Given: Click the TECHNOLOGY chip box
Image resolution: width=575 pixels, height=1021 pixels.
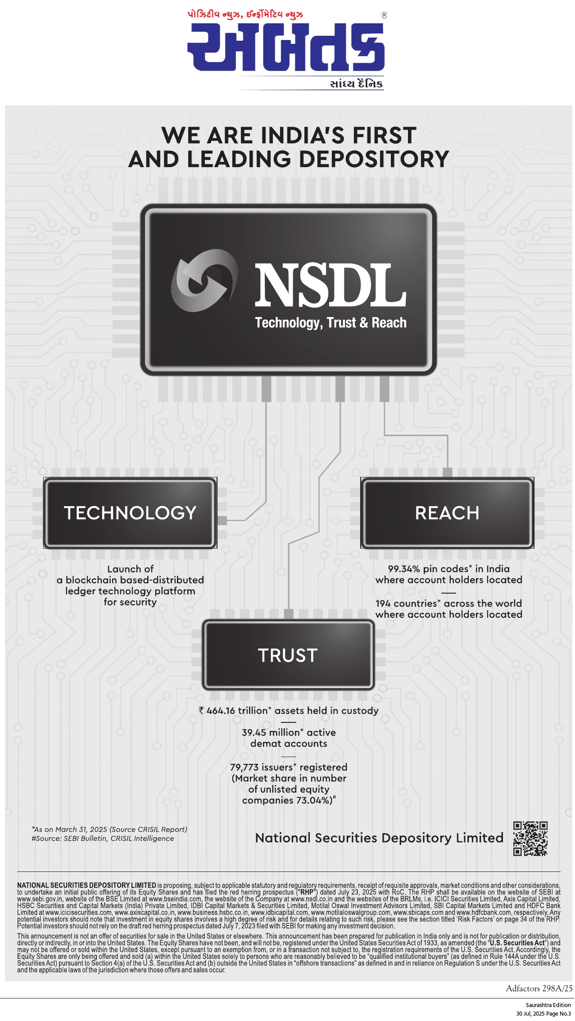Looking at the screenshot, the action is [x=130, y=513].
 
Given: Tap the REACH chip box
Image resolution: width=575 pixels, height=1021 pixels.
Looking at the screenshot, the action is [x=447, y=513].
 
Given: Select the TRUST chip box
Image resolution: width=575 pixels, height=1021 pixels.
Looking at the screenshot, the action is [x=288, y=655].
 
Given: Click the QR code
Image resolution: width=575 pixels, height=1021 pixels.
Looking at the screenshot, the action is [x=530, y=838].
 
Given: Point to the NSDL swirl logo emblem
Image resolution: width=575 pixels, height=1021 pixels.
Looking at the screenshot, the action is [x=205, y=280].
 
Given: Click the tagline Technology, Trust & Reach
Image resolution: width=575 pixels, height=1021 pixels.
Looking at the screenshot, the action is [x=331, y=322].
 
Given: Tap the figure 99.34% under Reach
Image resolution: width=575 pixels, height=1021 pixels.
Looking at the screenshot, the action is [x=404, y=569].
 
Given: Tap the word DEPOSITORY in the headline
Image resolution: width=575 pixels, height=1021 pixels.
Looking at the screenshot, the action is [x=374, y=159].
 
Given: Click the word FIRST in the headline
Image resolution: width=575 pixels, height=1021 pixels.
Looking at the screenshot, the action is [x=385, y=135].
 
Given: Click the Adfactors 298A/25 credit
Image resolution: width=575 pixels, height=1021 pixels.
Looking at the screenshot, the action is [x=539, y=989].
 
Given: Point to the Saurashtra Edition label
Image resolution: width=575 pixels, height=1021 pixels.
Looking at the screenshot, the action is [x=548, y=1005].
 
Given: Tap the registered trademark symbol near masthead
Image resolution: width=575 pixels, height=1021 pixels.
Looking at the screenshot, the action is [x=384, y=15].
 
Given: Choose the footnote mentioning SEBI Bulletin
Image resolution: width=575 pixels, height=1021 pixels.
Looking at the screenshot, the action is [x=103, y=838].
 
